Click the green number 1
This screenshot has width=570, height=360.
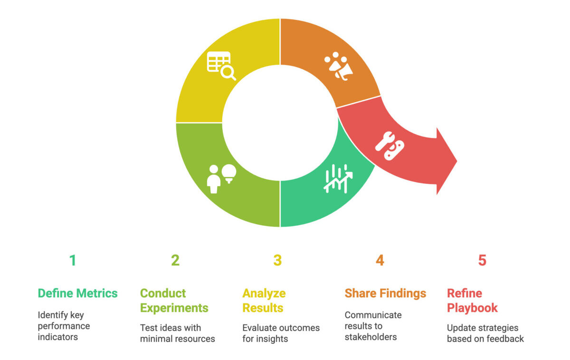(x=73, y=260)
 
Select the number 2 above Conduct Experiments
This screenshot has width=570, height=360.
(x=175, y=260)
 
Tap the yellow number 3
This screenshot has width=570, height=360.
(x=277, y=260)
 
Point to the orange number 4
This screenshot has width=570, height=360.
(x=380, y=260)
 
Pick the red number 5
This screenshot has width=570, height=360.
(x=482, y=260)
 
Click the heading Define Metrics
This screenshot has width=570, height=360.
(x=77, y=294)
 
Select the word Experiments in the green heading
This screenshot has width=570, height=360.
(x=174, y=308)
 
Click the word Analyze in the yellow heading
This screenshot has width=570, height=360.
(x=264, y=294)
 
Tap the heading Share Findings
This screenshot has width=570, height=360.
(x=385, y=294)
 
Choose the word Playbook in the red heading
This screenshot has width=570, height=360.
(x=472, y=308)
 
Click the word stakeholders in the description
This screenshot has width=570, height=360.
(x=371, y=337)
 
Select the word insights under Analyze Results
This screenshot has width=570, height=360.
(x=272, y=339)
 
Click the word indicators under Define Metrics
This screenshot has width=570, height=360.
(x=58, y=337)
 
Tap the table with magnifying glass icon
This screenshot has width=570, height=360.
(x=221, y=66)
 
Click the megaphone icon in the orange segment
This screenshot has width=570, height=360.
(x=339, y=66)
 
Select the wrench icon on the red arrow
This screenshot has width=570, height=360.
(x=389, y=146)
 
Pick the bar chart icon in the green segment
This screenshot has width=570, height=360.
(x=338, y=179)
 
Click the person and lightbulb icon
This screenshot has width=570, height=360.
(x=221, y=179)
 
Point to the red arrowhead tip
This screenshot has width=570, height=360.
(x=457, y=161)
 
